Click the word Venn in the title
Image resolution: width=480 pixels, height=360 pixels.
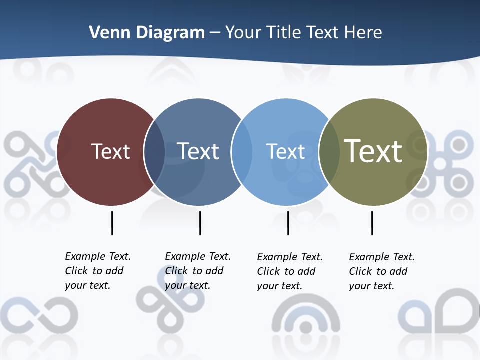105,33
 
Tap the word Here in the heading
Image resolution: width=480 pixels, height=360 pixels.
363,33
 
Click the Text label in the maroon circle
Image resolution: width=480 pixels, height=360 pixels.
110,151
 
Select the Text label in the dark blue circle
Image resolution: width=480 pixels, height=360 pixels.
198,151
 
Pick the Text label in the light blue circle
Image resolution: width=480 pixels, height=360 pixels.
285,151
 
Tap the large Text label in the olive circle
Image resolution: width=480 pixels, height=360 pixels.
373,151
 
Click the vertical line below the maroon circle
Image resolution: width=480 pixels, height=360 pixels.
112,223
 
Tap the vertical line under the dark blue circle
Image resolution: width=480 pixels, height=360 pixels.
200,223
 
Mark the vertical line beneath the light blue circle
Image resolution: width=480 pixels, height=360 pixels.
288,223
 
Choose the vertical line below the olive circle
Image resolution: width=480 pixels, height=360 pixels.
372,223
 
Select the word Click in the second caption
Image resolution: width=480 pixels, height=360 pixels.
176,271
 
